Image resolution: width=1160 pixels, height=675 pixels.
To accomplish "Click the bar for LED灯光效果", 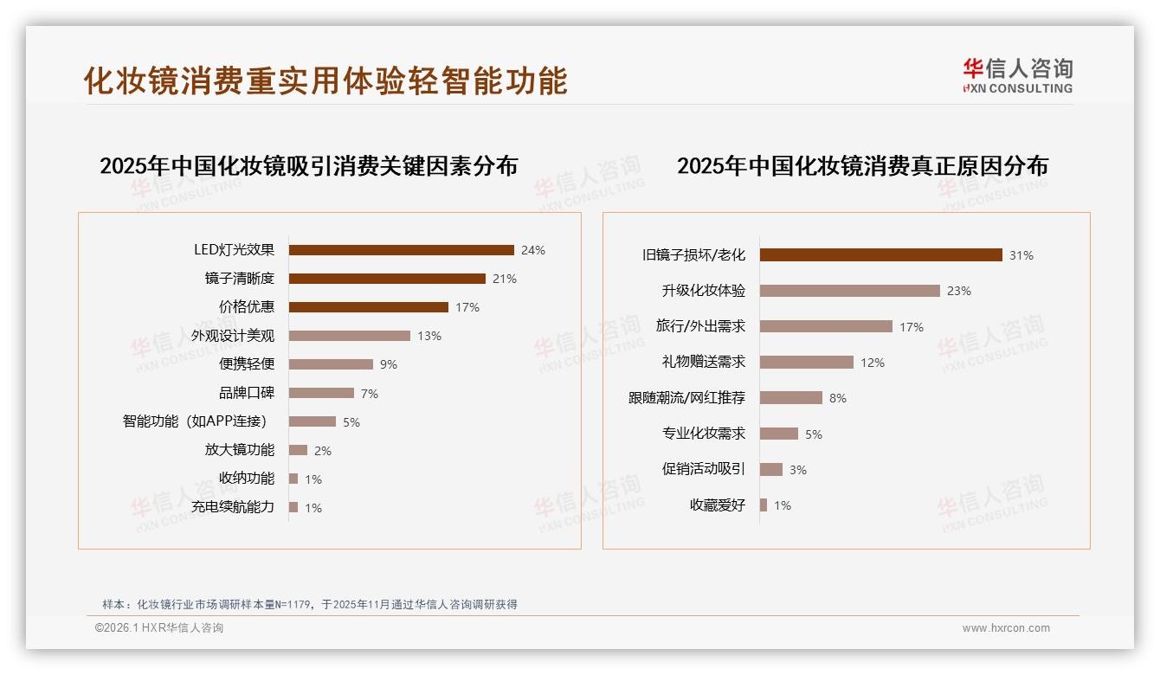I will point(401,250).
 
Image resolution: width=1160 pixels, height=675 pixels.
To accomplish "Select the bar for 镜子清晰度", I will point(387,279).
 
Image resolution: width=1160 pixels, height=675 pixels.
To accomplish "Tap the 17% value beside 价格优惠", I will point(467,307).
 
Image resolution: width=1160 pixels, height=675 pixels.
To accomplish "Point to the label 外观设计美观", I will point(233,336).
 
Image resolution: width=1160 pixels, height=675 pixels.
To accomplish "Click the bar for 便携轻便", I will point(331,364).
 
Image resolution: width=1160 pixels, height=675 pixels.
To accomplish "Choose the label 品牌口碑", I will point(247,393).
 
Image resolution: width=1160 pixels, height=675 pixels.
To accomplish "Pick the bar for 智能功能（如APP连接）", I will point(312,421).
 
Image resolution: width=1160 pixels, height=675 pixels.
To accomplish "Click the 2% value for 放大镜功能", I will point(322,451).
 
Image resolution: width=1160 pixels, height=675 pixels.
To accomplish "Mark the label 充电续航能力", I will point(233,507).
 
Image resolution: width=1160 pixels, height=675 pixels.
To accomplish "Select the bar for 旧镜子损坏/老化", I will point(880,255).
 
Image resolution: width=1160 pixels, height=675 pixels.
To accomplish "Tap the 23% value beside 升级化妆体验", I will point(958,291).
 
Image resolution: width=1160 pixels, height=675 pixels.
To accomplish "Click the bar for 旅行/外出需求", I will point(826,326).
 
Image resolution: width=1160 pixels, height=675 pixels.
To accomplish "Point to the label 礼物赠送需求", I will point(704,363).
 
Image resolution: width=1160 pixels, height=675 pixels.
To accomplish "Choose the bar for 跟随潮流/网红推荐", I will point(790,398).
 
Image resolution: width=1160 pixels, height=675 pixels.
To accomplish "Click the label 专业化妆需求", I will point(704,434).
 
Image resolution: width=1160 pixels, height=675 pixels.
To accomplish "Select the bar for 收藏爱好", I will point(764,505).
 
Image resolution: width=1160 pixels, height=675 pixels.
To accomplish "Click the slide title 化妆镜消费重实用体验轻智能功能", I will point(325,80).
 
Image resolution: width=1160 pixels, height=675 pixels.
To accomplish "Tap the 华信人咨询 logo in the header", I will point(1017,75).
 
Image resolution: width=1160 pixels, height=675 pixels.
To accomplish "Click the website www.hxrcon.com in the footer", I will point(1006,628).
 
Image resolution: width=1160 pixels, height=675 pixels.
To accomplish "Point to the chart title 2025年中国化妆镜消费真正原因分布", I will point(862,165).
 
